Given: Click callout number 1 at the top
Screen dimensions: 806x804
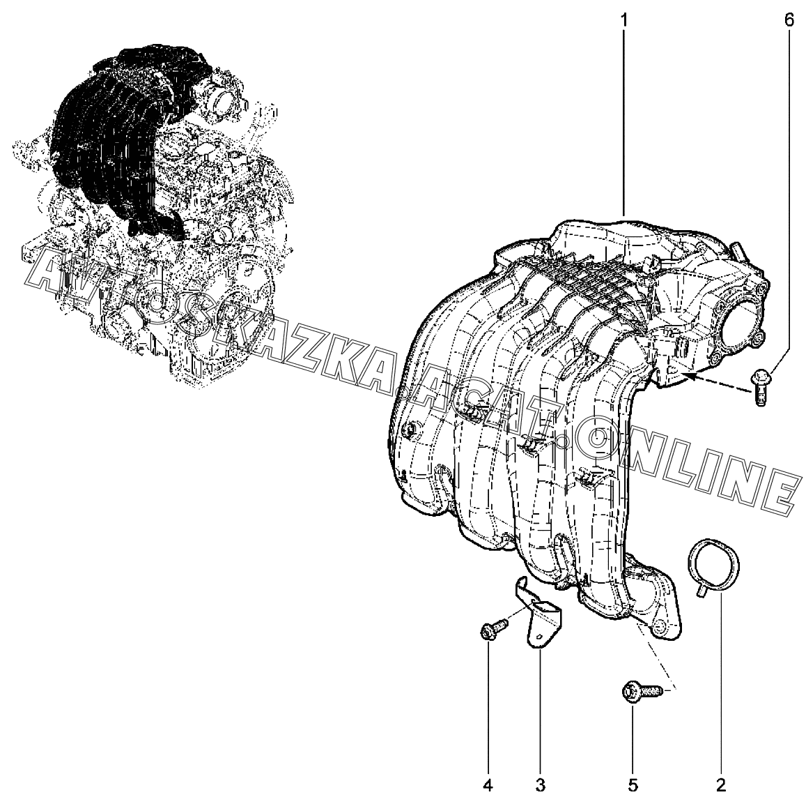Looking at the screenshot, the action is point(624,21).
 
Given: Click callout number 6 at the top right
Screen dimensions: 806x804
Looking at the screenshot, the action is point(789,21).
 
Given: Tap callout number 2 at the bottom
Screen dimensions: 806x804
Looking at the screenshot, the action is point(721,785).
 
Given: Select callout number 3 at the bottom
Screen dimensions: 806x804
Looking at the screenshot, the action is point(540,785).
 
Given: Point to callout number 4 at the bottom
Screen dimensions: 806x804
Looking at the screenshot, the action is point(488,785).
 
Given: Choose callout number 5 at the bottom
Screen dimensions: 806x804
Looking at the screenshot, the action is point(633,785).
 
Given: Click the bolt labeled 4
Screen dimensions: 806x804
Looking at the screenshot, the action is point(493,629).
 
